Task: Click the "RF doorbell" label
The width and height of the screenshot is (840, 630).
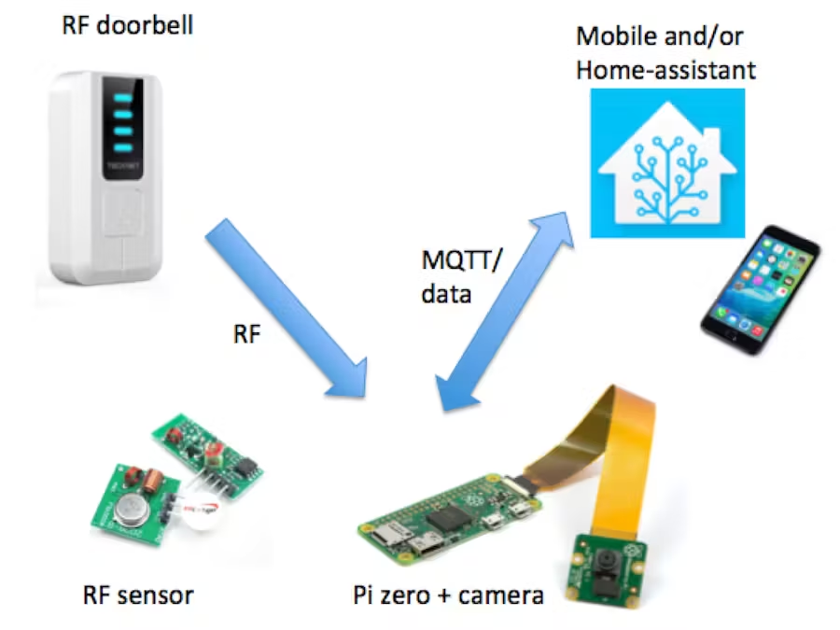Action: tap(127, 25)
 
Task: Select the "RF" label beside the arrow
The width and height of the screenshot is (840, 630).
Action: tap(246, 334)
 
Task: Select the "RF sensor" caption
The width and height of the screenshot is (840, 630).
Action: tap(139, 594)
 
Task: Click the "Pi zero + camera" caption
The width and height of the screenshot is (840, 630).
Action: tap(448, 595)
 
